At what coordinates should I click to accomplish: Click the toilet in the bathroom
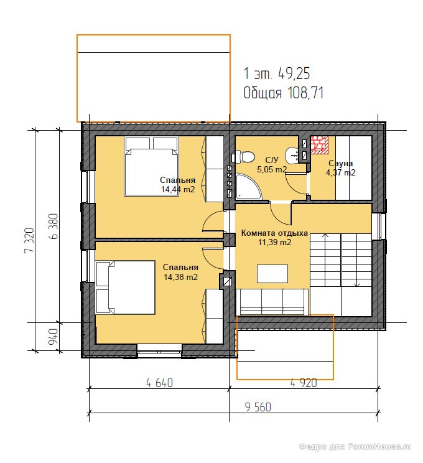[x=243, y=157]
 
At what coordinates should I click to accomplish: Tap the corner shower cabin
[x=248, y=187]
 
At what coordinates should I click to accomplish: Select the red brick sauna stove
[x=319, y=144]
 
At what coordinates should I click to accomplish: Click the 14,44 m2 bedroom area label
[x=178, y=189]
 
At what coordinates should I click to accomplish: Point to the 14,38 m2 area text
[x=180, y=277]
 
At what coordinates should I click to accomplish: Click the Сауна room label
[x=340, y=163]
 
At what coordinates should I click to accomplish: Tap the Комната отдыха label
[x=274, y=233]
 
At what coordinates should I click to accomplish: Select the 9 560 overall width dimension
[x=258, y=407]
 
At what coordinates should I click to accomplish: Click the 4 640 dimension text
[x=159, y=383]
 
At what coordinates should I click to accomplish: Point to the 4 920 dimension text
[x=304, y=383]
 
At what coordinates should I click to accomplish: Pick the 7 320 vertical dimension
[x=29, y=240]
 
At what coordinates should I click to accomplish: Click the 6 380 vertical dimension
[x=53, y=227]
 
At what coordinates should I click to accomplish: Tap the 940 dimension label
[x=53, y=337]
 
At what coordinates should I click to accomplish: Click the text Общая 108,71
[x=284, y=93]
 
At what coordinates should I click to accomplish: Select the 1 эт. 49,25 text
[x=277, y=73]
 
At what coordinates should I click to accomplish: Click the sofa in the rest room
[x=272, y=302]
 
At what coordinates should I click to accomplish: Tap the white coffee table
[x=272, y=274]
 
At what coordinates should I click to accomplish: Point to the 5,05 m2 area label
[x=272, y=169]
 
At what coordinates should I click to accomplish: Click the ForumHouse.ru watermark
[x=355, y=446]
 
